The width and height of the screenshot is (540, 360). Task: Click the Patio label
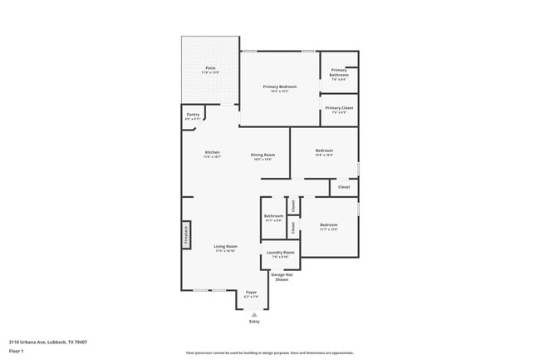[x=210, y=71]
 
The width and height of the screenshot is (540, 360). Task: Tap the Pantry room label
[x=193, y=116]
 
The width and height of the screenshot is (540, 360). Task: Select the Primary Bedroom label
[x=279, y=88]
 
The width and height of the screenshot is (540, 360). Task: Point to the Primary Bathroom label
[x=339, y=74]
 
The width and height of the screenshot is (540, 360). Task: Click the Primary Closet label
[x=339, y=109]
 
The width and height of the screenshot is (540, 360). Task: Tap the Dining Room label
[x=263, y=155]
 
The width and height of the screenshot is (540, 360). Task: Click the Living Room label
[x=225, y=248]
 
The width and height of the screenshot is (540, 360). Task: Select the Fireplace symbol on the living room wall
[x=187, y=235]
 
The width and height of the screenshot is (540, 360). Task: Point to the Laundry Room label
[x=280, y=254]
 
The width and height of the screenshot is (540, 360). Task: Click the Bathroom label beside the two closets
[x=273, y=218]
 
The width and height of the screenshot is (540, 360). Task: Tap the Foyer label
[x=251, y=293]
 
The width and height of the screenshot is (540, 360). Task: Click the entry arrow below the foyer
[x=254, y=314]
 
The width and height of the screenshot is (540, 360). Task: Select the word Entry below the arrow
[x=254, y=322]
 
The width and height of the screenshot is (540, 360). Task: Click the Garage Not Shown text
[x=281, y=277]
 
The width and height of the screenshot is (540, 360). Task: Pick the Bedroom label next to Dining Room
[x=324, y=152]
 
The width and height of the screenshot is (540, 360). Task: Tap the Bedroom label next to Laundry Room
[x=329, y=226]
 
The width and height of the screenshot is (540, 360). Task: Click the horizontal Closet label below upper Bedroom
[x=343, y=187]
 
